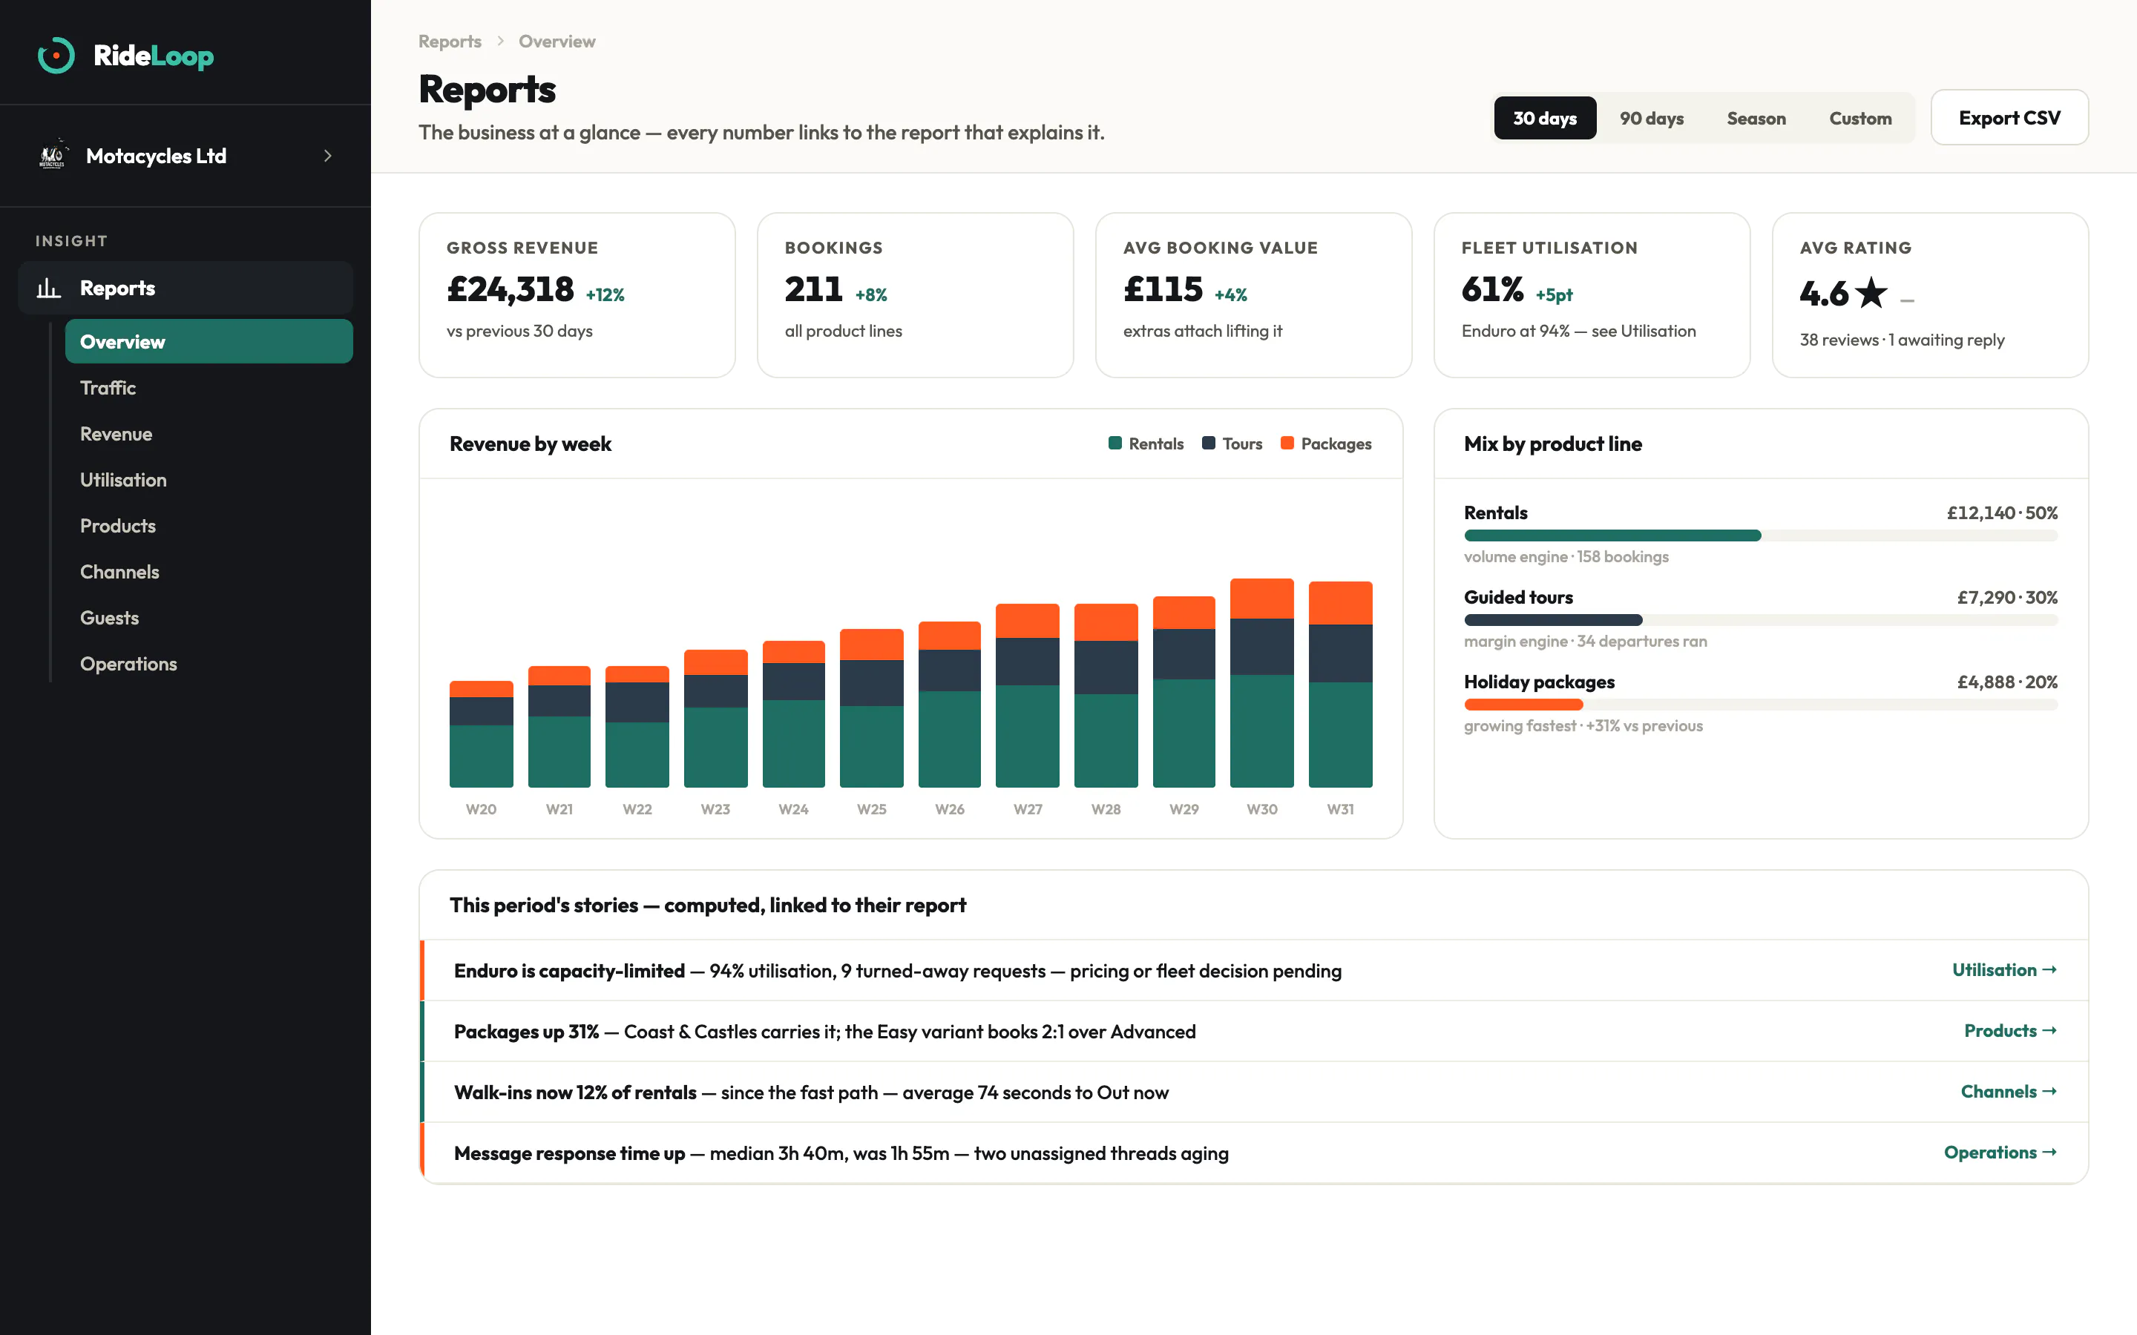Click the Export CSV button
(2009, 117)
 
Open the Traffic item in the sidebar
(108, 388)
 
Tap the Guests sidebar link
(110, 617)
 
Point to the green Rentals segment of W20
(482, 756)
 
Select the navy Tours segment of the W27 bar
(1027, 662)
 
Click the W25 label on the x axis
(872, 808)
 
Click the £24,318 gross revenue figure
(511, 289)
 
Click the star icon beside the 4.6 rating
(1871, 292)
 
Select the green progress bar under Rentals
(1612, 535)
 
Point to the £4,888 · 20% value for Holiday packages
(2007, 682)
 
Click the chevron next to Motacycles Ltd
(328, 156)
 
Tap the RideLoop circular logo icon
(56, 56)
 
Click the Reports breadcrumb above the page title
(450, 42)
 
